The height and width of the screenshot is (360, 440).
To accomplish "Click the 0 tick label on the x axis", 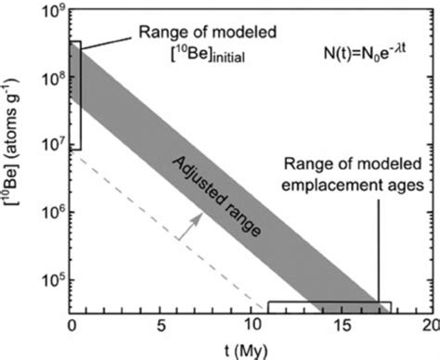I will tap(71, 327).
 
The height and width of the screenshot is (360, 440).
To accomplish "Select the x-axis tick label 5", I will tap(162, 327).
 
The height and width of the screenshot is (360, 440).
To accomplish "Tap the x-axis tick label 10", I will tap(251, 327).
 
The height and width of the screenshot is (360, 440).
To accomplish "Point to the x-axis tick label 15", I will tap(341, 327).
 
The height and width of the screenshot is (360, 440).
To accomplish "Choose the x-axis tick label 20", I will tap(429, 327).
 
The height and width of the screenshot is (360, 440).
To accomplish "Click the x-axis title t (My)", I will tap(249, 350).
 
